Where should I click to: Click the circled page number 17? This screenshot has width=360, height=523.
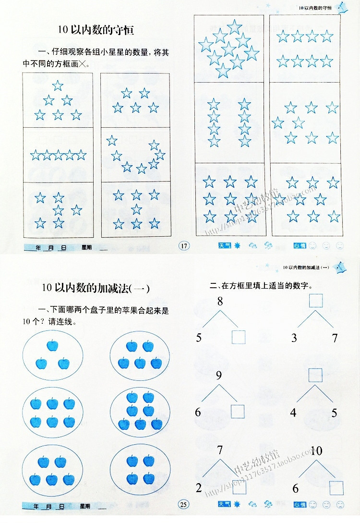click(x=184, y=246)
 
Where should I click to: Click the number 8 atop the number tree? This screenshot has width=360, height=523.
click(x=220, y=302)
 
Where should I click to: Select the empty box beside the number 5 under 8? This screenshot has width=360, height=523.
click(x=239, y=337)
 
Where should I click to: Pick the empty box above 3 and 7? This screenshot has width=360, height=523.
click(x=315, y=301)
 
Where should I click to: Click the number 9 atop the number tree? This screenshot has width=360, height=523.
click(x=219, y=376)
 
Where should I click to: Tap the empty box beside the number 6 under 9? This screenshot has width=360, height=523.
click(x=238, y=412)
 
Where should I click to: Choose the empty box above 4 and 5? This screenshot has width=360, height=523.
click(x=315, y=375)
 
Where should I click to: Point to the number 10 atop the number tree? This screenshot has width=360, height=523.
click(x=316, y=450)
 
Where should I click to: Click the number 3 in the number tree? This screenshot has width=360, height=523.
click(x=294, y=338)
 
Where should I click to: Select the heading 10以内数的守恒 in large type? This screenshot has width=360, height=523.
click(x=95, y=30)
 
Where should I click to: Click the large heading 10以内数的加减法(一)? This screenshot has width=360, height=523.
click(x=96, y=288)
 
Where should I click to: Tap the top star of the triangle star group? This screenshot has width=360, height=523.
click(x=58, y=86)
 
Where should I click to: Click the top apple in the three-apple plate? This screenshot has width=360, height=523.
click(x=52, y=345)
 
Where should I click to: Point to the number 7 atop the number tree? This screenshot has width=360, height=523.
click(x=220, y=450)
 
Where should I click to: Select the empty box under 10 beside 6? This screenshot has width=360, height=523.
click(x=336, y=487)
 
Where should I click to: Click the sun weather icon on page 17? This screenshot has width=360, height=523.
click(x=237, y=246)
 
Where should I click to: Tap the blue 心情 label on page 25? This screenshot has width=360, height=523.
click(x=299, y=504)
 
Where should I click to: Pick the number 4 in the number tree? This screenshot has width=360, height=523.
click(x=293, y=413)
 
